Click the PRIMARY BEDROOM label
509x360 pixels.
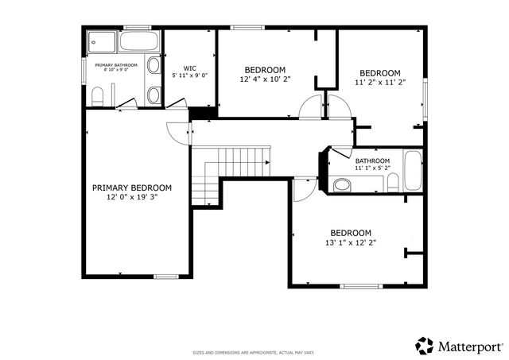(x=132, y=188)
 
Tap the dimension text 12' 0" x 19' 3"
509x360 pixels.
(x=132, y=197)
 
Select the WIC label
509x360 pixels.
(x=189, y=68)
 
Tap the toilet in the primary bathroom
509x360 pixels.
(x=96, y=96)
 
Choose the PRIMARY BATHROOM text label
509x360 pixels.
(x=116, y=65)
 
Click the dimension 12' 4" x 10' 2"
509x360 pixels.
(x=265, y=79)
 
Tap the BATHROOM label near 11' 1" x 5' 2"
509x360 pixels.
(x=372, y=161)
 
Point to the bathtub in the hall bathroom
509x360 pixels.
(x=411, y=171)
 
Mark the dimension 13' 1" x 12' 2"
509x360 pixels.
(x=351, y=242)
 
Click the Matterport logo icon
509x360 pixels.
(x=425, y=346)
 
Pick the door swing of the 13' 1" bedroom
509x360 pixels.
(x=303, y=188)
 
